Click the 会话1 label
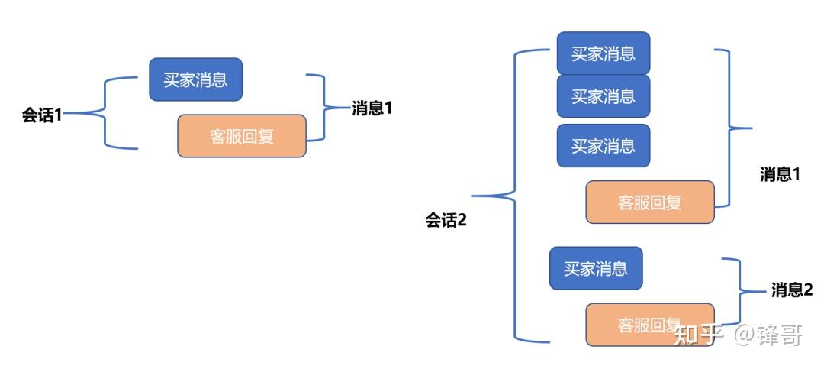click(41, 115)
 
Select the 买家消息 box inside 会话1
click(195, 79)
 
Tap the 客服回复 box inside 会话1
click(241, 136)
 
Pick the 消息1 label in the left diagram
click(372, 108)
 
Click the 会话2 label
click(446, 221)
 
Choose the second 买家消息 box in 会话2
click(603, 95)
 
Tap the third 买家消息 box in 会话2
click(603, 145)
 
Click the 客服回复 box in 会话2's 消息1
click(649, 202)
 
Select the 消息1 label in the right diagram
click(780, 174)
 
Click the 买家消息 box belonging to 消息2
click(596, 268)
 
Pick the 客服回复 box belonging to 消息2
click(649, 325)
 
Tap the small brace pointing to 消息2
click(739, 291)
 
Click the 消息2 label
click(792, 290)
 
